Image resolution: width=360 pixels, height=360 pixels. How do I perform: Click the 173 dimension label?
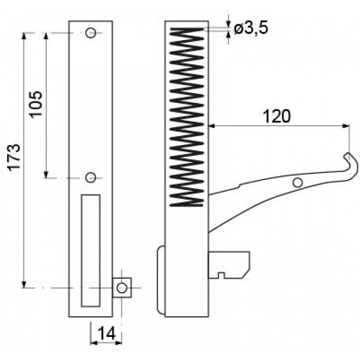tap(14, 156)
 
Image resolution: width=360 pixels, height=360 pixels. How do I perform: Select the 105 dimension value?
tap(36, 104)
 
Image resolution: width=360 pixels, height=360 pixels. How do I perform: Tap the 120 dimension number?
tap(276, 116)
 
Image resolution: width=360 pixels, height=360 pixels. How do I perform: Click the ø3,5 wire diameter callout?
tap(251, 29)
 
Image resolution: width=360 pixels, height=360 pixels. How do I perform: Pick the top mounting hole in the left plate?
tap(91, 33)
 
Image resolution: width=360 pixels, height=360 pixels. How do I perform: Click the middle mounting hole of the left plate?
tap(91, 177)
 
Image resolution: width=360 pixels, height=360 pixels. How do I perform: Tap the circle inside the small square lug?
tap(121, 287)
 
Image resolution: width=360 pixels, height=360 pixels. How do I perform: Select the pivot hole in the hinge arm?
tap(298, 183)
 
